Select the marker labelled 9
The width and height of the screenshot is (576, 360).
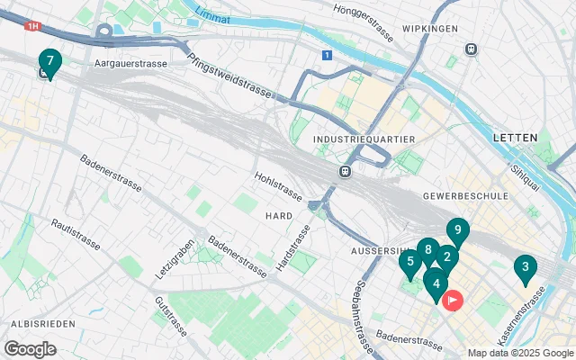[x=458, y=231]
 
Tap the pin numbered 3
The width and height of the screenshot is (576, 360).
[x=525, y=267]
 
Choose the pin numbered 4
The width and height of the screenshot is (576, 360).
[x=436, y=286]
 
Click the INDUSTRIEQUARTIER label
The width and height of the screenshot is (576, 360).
[x=363, y=139]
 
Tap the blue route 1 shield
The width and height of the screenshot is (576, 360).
[x=326, y=55]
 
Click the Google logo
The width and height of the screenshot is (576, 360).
[x=30, y=348]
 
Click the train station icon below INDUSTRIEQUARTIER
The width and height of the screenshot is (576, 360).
[x=344, y=171]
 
